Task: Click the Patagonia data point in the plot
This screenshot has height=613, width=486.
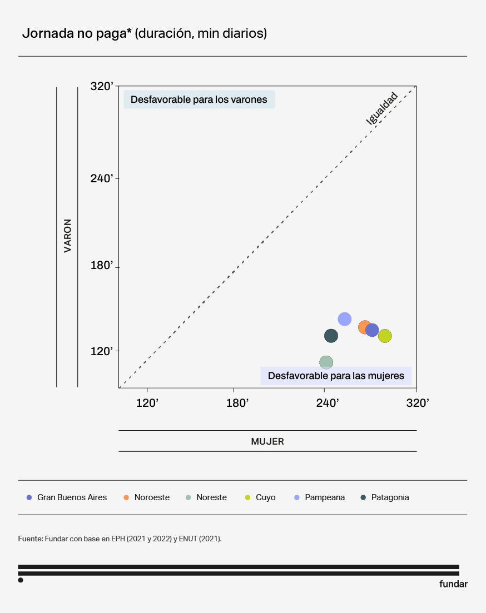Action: (331, 336)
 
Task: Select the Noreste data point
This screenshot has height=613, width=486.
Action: (326, 362)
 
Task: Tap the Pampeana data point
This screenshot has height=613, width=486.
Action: (345, 319)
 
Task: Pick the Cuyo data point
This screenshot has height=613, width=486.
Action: (385, 336)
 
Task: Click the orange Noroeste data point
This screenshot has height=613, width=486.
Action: (364, 327)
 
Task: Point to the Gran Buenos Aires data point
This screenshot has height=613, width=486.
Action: (373, 330)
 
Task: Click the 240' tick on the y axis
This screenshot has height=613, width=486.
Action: (102, 178)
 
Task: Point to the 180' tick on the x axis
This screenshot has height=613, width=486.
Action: (237, 403)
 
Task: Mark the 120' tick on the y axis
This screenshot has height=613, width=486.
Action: (102, 351)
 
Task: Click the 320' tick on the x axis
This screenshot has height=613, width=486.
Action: (418, 403)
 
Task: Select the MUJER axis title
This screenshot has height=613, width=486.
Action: (267, 441)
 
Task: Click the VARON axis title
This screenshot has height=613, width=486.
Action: (67, 236)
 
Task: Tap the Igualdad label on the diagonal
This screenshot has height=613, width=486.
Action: (382, 108)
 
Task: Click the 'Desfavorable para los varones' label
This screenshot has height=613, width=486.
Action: (199, 100)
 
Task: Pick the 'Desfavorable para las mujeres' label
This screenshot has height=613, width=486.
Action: (336, 376)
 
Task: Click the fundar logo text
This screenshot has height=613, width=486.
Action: (453, 584)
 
